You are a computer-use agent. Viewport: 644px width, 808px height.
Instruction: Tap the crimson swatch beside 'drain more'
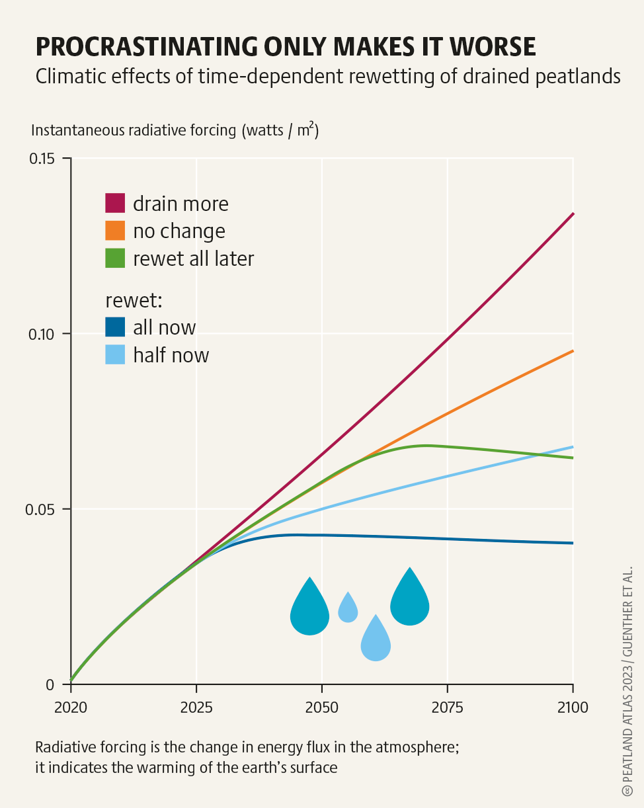[115, 203]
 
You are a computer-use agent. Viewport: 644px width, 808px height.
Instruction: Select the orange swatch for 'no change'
[115, 231]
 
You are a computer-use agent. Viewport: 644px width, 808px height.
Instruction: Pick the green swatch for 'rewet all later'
[115, 258]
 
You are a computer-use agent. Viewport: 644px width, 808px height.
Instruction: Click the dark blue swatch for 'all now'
[115, 327]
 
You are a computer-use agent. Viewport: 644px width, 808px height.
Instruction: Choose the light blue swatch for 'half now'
[115, 355]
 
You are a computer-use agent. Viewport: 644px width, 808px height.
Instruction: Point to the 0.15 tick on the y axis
[46, 159]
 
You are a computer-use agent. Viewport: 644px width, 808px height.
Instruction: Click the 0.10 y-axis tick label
[46, 334]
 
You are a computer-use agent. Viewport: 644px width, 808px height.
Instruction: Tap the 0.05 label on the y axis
[46, 509]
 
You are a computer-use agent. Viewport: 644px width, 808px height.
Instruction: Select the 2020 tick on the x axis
[71, 707]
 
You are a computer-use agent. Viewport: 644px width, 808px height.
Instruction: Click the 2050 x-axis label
[322, 707]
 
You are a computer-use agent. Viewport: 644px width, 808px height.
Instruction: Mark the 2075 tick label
[448, 707]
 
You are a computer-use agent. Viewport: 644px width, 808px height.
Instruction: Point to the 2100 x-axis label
[573, 707]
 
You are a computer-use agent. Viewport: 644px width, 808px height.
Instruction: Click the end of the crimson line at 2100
[573, 214]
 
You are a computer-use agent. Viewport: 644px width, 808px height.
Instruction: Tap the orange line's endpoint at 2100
[573, 351]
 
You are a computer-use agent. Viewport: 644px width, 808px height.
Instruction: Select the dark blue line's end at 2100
[573, 543]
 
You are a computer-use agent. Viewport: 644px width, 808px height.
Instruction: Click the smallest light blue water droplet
[348, 608]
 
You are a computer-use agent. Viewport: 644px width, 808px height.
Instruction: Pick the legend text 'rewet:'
[134, 300]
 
